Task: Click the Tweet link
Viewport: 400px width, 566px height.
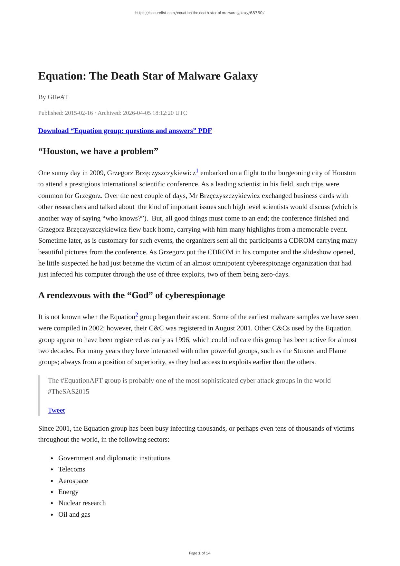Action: point(56,410)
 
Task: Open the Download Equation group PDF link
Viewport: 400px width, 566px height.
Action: point(125,131)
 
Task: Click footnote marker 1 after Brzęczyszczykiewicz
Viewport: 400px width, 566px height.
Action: point(197,171)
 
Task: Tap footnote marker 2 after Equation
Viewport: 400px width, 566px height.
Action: point(137,315)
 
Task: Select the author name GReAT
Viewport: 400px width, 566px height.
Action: point(58,97)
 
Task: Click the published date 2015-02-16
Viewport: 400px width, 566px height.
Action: point(79,113)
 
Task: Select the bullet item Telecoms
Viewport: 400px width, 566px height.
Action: point(72,469)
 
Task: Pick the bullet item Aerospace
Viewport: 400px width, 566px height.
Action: point(73,481)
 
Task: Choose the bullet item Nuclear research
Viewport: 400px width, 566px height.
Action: point(82,503)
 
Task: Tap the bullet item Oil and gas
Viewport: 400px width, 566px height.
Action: point(74,514)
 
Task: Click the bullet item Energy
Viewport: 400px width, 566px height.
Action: point(68,492)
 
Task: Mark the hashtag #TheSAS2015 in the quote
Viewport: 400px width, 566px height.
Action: point(69,392)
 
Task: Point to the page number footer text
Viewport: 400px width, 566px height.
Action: point(200,553)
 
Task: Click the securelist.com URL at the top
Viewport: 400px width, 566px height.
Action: point(200,13)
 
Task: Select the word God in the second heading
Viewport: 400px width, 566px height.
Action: point(140,296)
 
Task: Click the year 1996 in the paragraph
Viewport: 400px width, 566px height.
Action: point(182,340)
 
